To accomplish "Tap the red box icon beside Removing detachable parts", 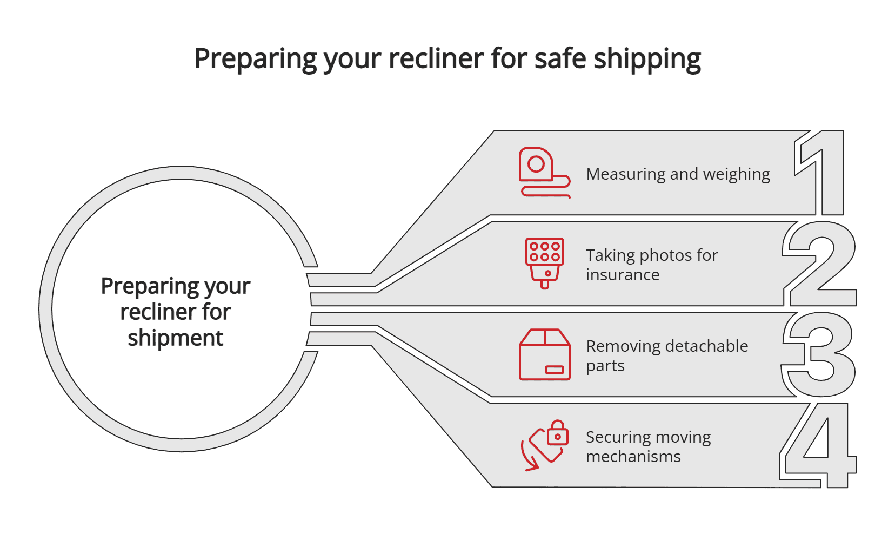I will pyautogui.click(x=544, y=354).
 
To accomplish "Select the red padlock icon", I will pyautogui.click(x=557, y=433).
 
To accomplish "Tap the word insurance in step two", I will pyautogui.click(x=623, y=275).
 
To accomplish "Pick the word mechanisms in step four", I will pyautogui.click(x=633, y=457).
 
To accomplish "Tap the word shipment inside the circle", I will pyautogui.click(x=175, y=338).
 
